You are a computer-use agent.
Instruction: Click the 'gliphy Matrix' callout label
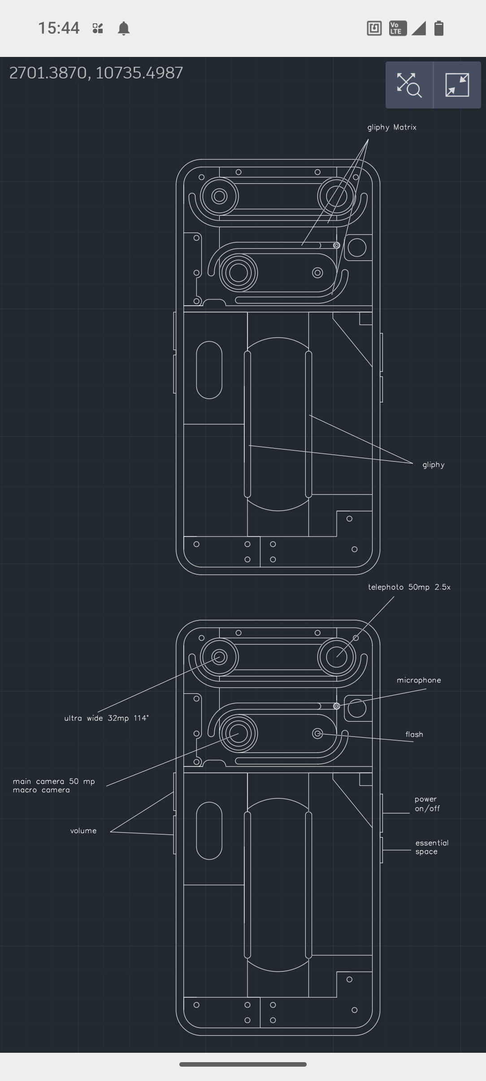pyautogui.click(x=392, y=128)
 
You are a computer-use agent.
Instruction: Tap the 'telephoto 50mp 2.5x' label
pyautogui.click(x=409, y=587)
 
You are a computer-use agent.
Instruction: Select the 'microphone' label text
pyautogui.click(x=419, y=680)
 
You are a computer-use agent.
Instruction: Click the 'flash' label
pyautogui.click(x=414, y=734)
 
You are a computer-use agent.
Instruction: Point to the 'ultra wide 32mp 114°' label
pyautogui.click(x=106, y=718)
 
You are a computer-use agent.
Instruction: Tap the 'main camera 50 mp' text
pyautogui.click(x=54, y=781)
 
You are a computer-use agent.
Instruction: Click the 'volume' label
pyautogui.click(x=83, y=830)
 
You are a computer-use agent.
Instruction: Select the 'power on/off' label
pyautogui.click(x=427, y=804)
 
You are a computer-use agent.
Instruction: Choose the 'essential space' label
pyautogui.click(x=432, y=847)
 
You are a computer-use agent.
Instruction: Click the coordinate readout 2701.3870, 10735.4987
pyautogui.click(x=96, y=73)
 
